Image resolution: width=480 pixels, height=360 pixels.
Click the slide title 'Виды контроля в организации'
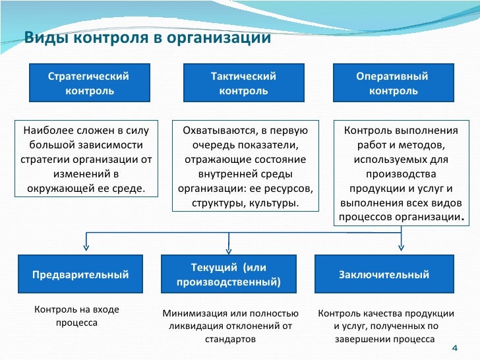(147, 38)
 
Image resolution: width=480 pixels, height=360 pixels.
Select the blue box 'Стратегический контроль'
(88, 84)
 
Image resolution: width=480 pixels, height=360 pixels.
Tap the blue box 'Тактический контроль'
(243, 84)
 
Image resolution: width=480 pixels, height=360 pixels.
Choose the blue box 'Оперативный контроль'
(393, 84)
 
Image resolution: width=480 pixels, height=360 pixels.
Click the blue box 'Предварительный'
(80, 275)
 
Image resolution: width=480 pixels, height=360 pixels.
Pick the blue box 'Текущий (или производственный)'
(229, 275)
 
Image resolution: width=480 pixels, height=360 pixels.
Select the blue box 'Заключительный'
(384, 275)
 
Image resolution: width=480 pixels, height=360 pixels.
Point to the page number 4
(454, 348)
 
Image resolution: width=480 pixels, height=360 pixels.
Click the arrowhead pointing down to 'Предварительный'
(86, 247)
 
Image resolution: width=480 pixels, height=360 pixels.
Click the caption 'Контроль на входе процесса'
(76, 316)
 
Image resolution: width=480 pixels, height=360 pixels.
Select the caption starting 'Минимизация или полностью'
(230, 326)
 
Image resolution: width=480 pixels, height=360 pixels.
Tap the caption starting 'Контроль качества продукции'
(386, 326)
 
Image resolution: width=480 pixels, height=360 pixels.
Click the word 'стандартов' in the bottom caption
(230, 339)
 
